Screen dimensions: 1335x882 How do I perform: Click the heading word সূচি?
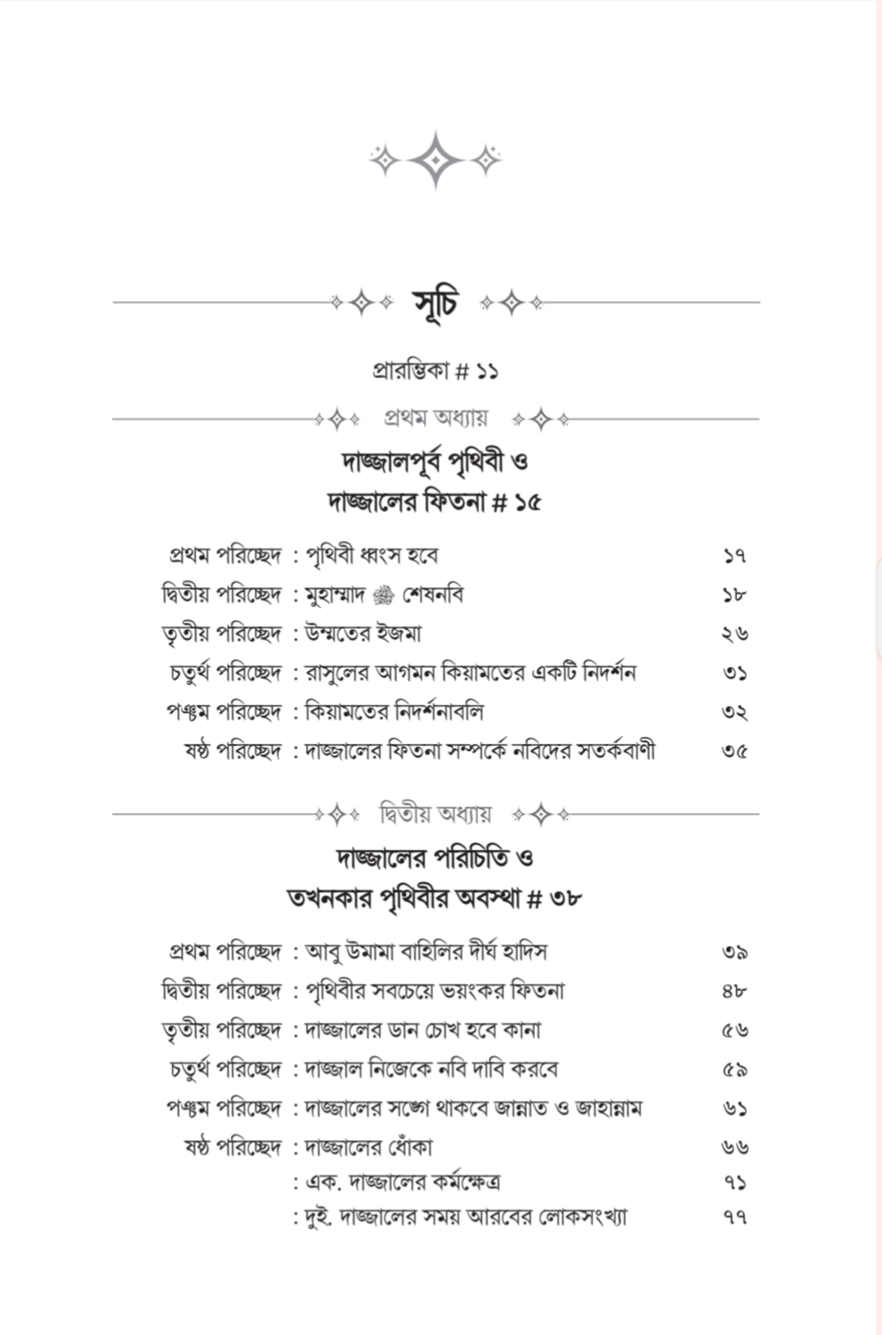(436, 303)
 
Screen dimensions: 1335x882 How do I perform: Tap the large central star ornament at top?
(435, 160)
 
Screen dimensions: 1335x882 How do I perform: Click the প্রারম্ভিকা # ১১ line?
(435, 371)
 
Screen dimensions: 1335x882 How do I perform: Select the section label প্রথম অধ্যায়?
(435, 418)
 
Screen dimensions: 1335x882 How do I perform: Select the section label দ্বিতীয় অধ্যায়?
(435, 814)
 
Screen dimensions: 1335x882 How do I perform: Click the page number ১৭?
(734, 556)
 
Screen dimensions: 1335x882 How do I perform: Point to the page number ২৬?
(734, 634)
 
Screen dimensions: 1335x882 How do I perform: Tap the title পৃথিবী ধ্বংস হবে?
(372, 556)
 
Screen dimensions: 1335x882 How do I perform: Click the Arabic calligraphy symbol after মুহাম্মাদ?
(383, 596)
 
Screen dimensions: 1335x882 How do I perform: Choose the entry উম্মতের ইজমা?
(364, 634)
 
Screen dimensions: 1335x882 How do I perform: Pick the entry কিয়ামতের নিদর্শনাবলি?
(394, 711)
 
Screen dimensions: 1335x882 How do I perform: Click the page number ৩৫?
(734, 751)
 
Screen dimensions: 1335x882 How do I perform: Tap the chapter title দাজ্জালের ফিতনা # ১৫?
(435, 502)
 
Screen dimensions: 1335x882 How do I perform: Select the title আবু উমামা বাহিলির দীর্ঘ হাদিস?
(426, 952)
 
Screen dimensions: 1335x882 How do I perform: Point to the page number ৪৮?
(734, 991)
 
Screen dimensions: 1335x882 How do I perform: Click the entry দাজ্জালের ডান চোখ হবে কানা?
(423, 1030)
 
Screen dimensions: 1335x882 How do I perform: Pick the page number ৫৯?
(734, 1069)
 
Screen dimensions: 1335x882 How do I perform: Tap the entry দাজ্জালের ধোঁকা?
(368, 1147)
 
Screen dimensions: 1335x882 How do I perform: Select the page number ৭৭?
(734, 1218)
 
